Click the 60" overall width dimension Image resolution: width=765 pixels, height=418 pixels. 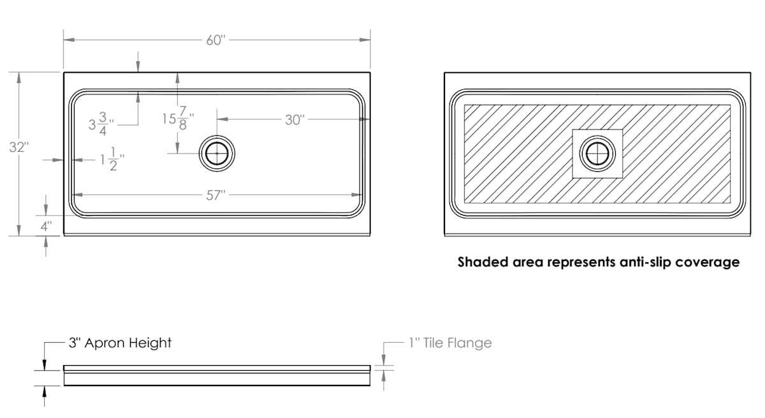pyautogui.click(x=216, y=40)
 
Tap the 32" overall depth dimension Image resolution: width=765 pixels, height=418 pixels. pyautogui.click(x=18, y=147)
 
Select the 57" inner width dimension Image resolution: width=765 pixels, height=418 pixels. pyautogui.click(x=216, y=195)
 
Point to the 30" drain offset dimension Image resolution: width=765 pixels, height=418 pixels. pyautogui.click(x=295, y=120)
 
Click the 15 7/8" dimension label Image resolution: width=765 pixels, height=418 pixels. pyautogui.click(x=178, y=119)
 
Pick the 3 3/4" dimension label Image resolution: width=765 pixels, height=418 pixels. pyautogui.click(x=101, y=124)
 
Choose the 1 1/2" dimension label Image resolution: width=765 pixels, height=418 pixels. pyautogui.click(x=112, y=159)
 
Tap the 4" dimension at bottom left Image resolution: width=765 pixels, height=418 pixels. pyautogui.click(x=46, y=226)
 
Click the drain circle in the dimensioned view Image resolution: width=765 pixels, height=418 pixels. pyautogui.click(x=217, y=153)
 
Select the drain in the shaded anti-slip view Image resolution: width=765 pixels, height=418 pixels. pyautogui.click(x=597, y=153)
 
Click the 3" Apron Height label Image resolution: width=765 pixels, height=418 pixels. pyautogui.click(x=120, y=343)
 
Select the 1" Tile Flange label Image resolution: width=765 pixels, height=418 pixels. pyautogui.click(x=451, y=343)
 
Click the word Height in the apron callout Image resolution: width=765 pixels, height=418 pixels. pyautogui.click(x=150, y=343)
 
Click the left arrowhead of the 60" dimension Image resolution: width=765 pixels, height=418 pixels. pyautogui.click(x=69, y=40)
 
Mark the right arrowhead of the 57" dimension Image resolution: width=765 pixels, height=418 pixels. pyautogui.click(x=357, y=195)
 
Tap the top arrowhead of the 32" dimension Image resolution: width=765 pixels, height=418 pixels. pyautogui.click(x=18, y=78)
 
